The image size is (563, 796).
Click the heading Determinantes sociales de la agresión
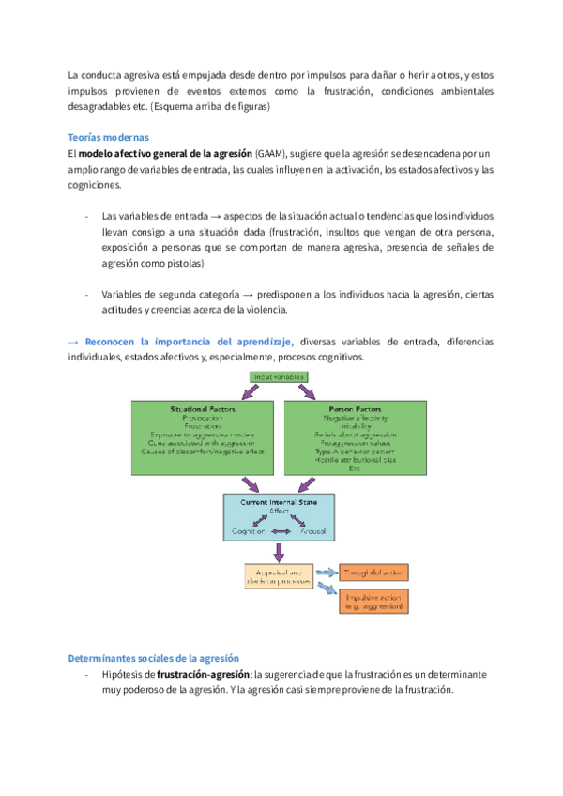[x=154, y=658]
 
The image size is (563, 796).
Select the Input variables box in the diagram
[x=281, y=376]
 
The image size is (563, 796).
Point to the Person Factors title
[x=359, y=410]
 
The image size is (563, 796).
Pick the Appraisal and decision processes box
[x=278, y=574]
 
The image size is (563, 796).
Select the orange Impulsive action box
[x=373, y=603]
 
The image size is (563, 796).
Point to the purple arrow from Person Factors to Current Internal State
[x=309, y=484]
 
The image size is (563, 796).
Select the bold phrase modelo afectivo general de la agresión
[x=165, y=153]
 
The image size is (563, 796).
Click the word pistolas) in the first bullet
[x=197, y=264]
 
